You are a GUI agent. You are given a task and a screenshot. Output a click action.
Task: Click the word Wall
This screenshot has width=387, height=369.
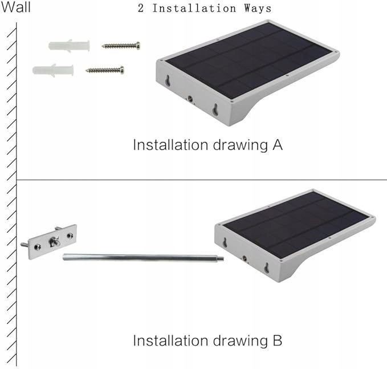coord(16,7)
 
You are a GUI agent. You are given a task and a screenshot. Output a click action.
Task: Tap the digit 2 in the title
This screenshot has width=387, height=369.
coord(141,8)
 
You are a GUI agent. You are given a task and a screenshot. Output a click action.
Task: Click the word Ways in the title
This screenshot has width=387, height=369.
coord(258,9)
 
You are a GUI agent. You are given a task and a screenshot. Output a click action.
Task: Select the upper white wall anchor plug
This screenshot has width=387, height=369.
coord(69,46)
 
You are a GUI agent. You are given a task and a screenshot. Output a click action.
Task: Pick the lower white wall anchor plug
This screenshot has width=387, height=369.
coord(53,70)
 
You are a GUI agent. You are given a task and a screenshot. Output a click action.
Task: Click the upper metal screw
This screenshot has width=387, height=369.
coord(121,46)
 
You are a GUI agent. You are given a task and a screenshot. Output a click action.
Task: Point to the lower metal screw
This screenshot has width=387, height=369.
coord(105,70)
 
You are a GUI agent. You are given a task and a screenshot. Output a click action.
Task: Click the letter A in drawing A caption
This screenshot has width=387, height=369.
coord(278,145)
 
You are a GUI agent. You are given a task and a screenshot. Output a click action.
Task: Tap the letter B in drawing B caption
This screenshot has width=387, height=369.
coord(278,340)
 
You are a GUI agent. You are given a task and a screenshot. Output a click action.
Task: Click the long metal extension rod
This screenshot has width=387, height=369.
coord(143,257)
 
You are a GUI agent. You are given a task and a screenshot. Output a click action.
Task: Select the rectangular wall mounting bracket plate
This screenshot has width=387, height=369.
coord(52,242)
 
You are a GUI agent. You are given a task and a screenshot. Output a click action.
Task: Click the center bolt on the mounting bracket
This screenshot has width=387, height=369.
coord(55,242)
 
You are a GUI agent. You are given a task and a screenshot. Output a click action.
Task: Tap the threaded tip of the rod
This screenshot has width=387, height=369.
coord(221,258)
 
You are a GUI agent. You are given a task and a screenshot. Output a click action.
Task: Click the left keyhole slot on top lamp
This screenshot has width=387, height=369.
coord(168,81)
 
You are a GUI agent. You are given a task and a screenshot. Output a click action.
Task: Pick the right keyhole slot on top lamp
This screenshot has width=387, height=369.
coord(215,110)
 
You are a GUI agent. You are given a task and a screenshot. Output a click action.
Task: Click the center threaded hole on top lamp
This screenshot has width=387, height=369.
coord(190,99)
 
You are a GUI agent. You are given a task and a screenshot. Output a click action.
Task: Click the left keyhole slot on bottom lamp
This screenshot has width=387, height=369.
coord(225,242)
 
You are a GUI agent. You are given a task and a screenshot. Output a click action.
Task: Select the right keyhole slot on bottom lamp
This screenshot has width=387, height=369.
coord(267,268)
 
